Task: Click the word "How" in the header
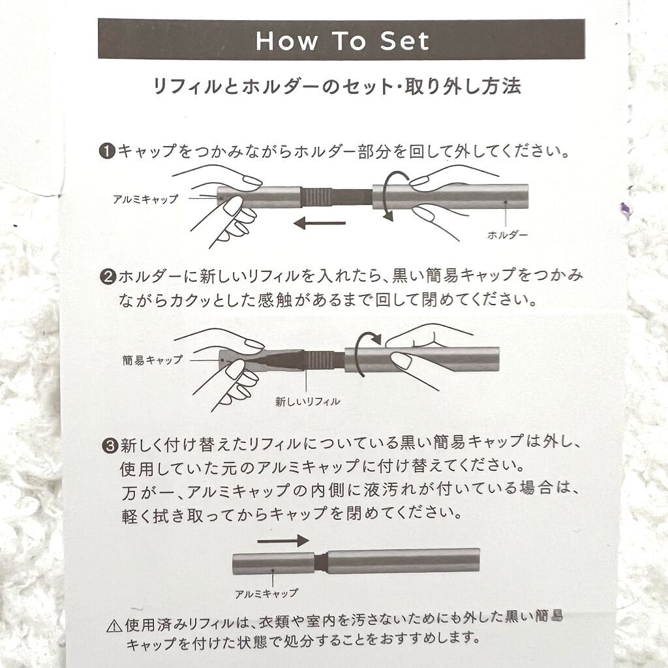(287, 41)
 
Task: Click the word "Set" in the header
(404, 41)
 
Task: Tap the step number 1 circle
(107, 151)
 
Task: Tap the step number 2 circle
(108, 277)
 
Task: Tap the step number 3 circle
(110, 446)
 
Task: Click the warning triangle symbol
(114, 626)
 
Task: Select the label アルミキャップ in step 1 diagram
(145, 199)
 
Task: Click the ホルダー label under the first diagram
(508, 235)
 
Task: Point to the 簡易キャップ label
(153, 360)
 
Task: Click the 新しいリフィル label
(308, 401)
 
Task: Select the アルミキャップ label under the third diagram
(266, 594)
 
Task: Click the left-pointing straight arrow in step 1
(320, 222)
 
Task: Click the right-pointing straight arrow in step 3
(283, 541)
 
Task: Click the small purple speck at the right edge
(626, 210)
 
